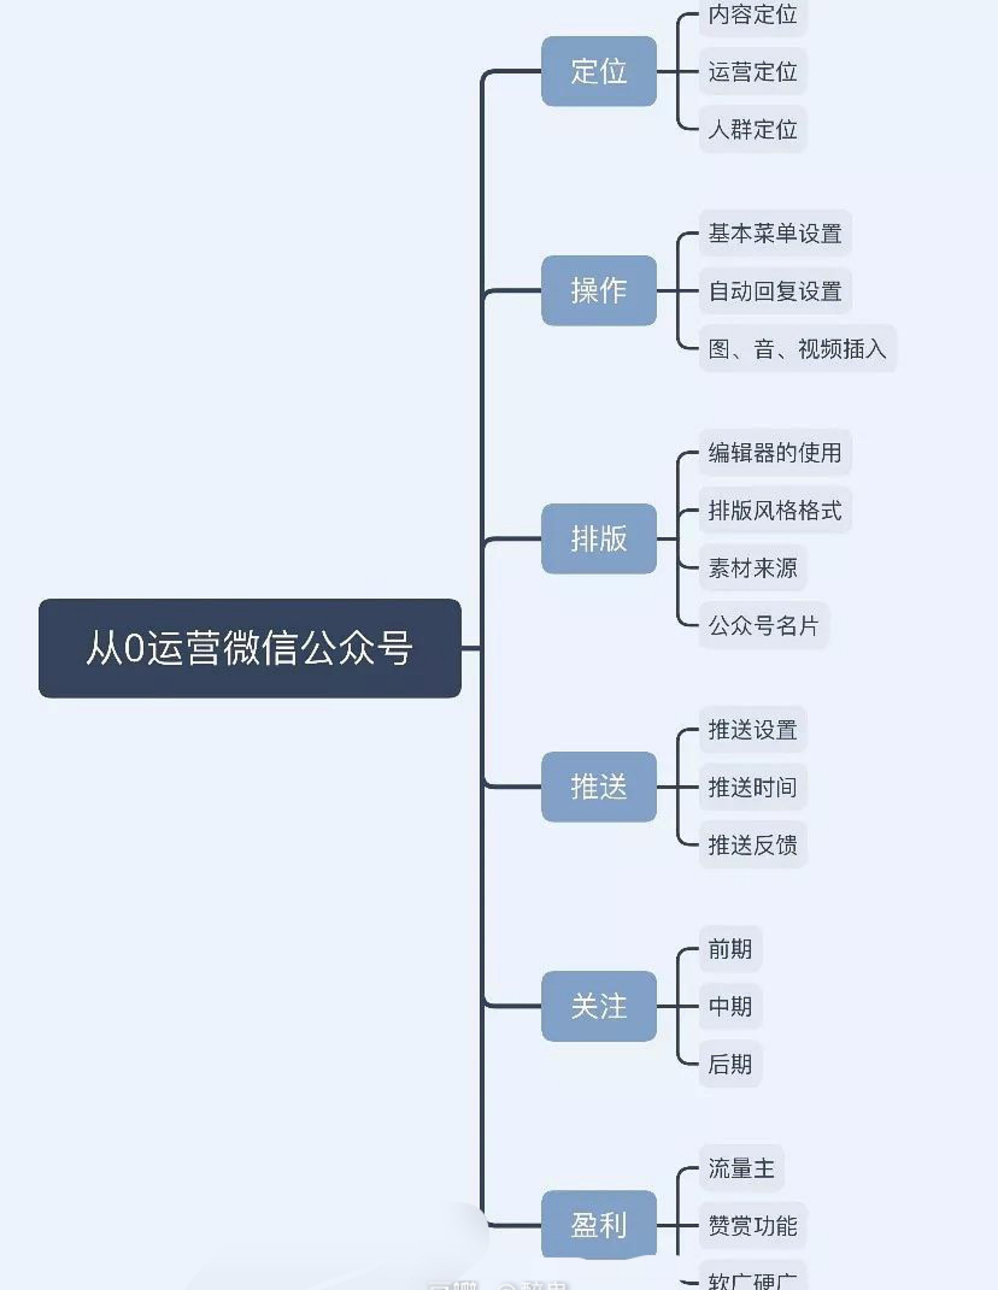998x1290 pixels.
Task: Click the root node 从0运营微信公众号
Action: click(x=249, y=648)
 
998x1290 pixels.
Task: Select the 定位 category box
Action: click(x=598, y=71)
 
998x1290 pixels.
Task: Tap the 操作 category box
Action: click(x=598, y=290)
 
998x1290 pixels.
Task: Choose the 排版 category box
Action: click(x=598, y=538)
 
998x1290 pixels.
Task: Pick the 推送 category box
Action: click(x=598, y=787)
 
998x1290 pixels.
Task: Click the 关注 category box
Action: click(x=598, y=1006)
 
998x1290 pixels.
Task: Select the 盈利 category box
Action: click(x=598, y=1224)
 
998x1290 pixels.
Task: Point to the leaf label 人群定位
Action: click(x=752, y=129)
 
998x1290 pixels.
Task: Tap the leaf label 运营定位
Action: click(x=752, y=72)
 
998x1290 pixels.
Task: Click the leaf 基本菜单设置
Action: click(x=774, y=233)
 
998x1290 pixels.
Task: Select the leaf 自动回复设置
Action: click(x=774, y=291)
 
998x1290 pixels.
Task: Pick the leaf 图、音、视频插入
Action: click(x=797, y=349)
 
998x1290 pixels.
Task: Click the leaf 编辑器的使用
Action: click(x=774, y=452)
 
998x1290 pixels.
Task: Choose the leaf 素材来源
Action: click(x=752, y=567)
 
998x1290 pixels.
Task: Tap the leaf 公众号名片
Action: click(x=763, y=625)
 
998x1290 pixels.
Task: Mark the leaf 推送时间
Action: click(x=752, y=787)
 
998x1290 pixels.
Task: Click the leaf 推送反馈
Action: click(x=752, y=844)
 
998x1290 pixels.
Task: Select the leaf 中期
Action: click(x=730, y=1006)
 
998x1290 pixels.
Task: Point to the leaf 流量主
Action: click(x=741, y=1168)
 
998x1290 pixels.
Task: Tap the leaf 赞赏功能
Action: click(x=752, y=1226)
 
